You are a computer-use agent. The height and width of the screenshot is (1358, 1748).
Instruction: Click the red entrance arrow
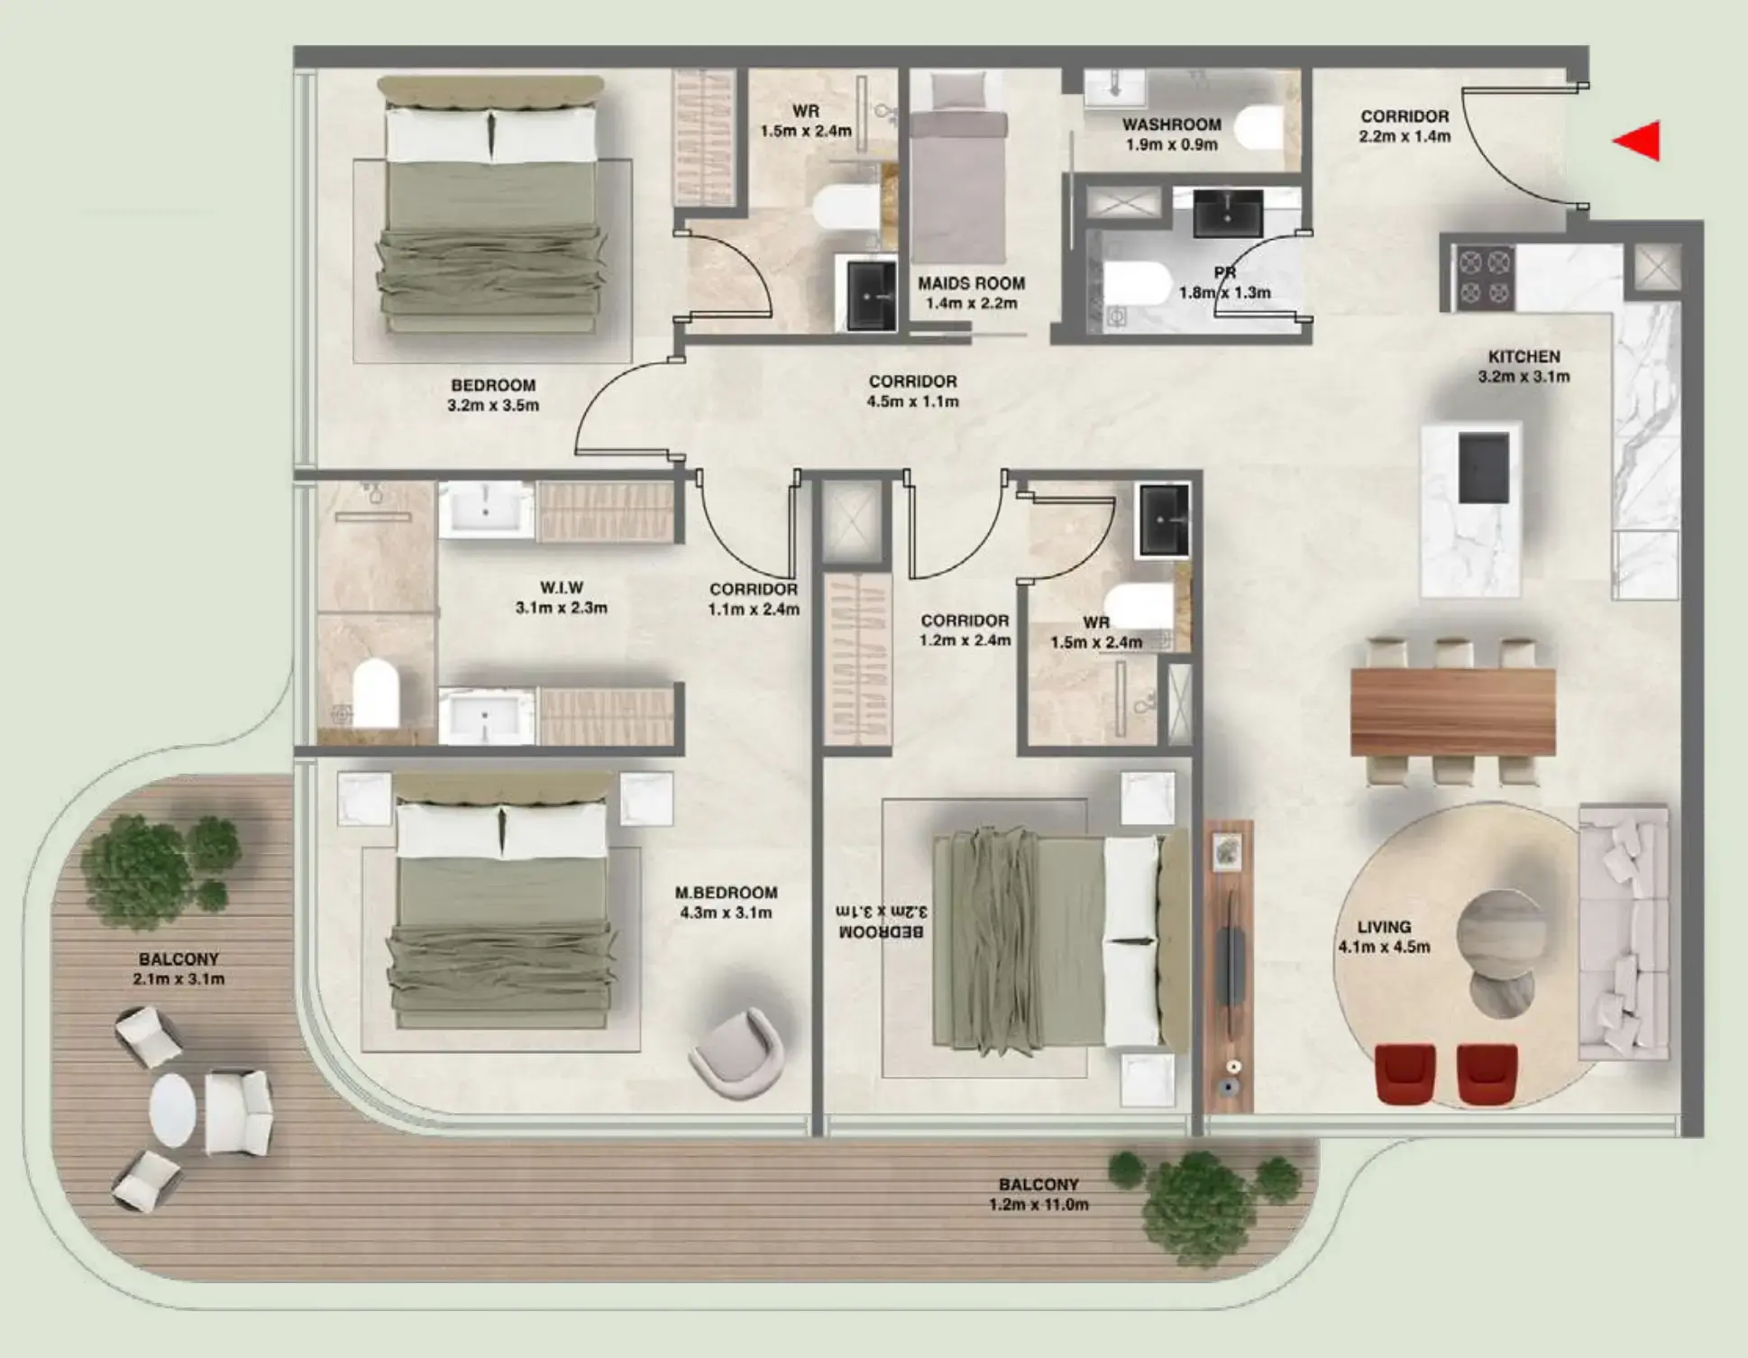tap(1639, 142)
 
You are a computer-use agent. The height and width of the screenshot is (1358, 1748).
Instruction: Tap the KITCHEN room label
tap(1524, 357)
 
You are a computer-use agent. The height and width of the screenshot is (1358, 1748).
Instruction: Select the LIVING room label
tap(1384, 927)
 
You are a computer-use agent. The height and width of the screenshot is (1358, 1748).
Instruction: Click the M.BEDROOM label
tap(726, 893)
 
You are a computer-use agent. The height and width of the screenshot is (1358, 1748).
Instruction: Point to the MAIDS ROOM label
tap(971, 283)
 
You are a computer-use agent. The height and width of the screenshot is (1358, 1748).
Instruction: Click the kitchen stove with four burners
tap(1485, 277)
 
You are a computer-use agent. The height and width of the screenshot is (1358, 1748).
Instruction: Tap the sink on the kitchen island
tap(1483, 468)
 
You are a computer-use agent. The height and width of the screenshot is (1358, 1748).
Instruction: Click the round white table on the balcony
tap(172, 1110)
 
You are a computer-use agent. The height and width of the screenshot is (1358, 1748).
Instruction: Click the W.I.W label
tap(561, 588)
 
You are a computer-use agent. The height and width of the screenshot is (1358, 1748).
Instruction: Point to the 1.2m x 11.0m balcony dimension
tap(1039, 1205)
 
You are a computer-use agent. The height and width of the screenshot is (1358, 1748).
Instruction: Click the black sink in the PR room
tap(1228, 214)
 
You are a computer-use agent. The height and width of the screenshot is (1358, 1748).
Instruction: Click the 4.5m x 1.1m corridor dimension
tap(912, 401)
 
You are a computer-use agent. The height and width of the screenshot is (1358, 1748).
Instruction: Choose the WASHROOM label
tap(1171, 124)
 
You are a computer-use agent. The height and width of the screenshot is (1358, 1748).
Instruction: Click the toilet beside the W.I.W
tap(375, 693)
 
